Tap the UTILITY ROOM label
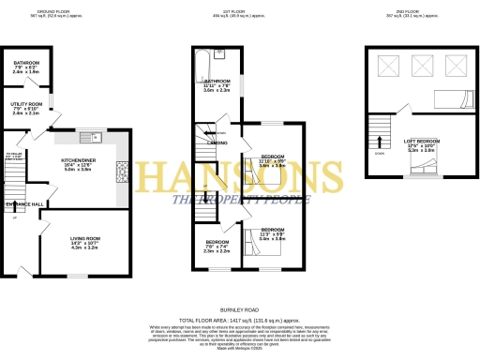click(27, 109)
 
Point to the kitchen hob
click(120, 171)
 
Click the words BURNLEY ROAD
click(239, 308)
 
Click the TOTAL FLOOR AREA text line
click(239, 320)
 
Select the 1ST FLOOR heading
click(239, 11)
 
